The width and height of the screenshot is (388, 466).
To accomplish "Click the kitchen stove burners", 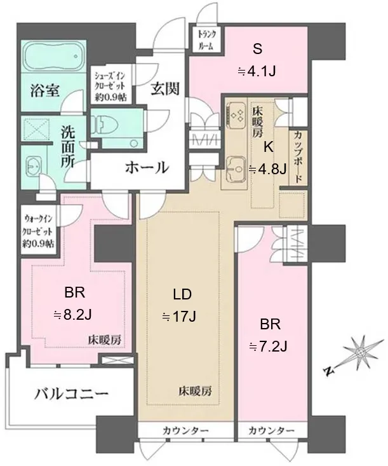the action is point(236,115).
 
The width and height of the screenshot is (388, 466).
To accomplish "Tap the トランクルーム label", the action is point(207,39).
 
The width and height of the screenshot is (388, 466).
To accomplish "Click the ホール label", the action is point(147,168).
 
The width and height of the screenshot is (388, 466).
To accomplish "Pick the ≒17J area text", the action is point(179,317).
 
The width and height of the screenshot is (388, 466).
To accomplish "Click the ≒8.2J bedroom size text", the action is point(72,315).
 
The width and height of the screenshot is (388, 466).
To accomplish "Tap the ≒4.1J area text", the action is point(257,71).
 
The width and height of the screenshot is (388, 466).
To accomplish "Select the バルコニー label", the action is point(71,394).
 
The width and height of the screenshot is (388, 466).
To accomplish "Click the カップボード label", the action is point(297,158).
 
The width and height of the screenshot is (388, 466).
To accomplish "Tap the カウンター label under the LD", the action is point(185,430).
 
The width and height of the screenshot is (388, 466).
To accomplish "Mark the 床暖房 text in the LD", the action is point(195,391).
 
